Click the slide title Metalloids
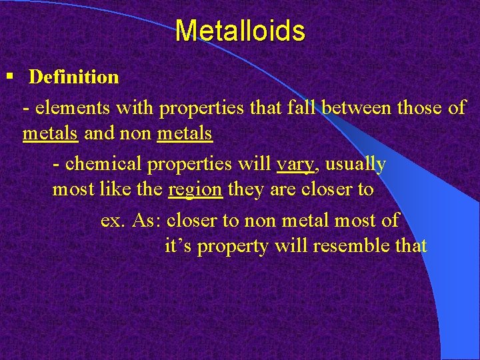[240, 31]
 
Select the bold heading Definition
[74, 77]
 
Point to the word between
[357, 107]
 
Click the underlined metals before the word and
[51, 134]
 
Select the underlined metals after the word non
[185, 134]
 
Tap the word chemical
[99, 163]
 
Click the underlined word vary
[295, 163]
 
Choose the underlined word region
[195, 189]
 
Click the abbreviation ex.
[113, 219]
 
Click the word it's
[178, 246]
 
